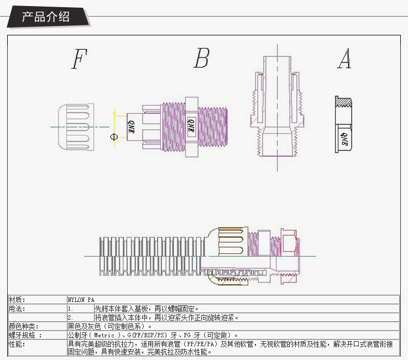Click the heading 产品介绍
click(x=46, y=16)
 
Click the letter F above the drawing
click(x=80, y=59)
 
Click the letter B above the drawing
click(x=202, y=58)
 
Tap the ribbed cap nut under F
click(x=74, y=126)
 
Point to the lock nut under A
click(x=343, y=124)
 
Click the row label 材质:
click(x=17, y=300)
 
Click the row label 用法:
click(x=17, y=309)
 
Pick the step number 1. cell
click(x=71, y=309)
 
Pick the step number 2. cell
click(x=71, y=317)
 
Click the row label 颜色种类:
click(x=23, y=326)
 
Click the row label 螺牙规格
click(x=24, y=335)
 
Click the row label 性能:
click(x=17, y=344)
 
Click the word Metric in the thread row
click(x=106, y=335)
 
